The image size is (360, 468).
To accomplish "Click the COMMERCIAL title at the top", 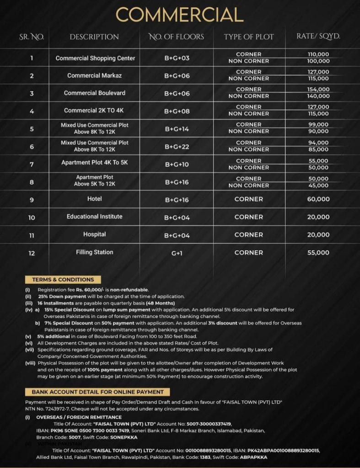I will click(180, 16).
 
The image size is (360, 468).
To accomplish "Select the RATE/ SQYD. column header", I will click(318, 37).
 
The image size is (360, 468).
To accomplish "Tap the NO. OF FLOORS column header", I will click(177, 37).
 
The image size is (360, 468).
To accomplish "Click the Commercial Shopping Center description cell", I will click(96, 58).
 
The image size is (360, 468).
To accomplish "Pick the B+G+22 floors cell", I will click(177, 146).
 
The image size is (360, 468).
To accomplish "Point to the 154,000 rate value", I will click(318, 90).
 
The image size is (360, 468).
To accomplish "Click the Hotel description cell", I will click(95, 199).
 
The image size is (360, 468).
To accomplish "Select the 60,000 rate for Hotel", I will click(318, 199).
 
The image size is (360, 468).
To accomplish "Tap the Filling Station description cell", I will click(95, 252).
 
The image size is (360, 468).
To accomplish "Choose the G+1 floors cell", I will click(177, 253).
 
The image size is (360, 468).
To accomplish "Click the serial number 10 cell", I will click(32, 218).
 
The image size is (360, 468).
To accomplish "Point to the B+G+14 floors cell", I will click(177, 128).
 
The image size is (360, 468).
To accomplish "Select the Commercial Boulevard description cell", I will click(95, 93).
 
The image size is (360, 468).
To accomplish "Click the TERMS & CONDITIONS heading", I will click(63, 280).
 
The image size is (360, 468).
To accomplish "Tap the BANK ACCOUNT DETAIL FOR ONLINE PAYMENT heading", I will click(98, 392).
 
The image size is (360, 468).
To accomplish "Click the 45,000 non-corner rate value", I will click(318, 186).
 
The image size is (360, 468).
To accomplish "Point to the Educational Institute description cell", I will click(95, 216).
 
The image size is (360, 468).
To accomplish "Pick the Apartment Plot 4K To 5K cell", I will click(95, 163).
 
